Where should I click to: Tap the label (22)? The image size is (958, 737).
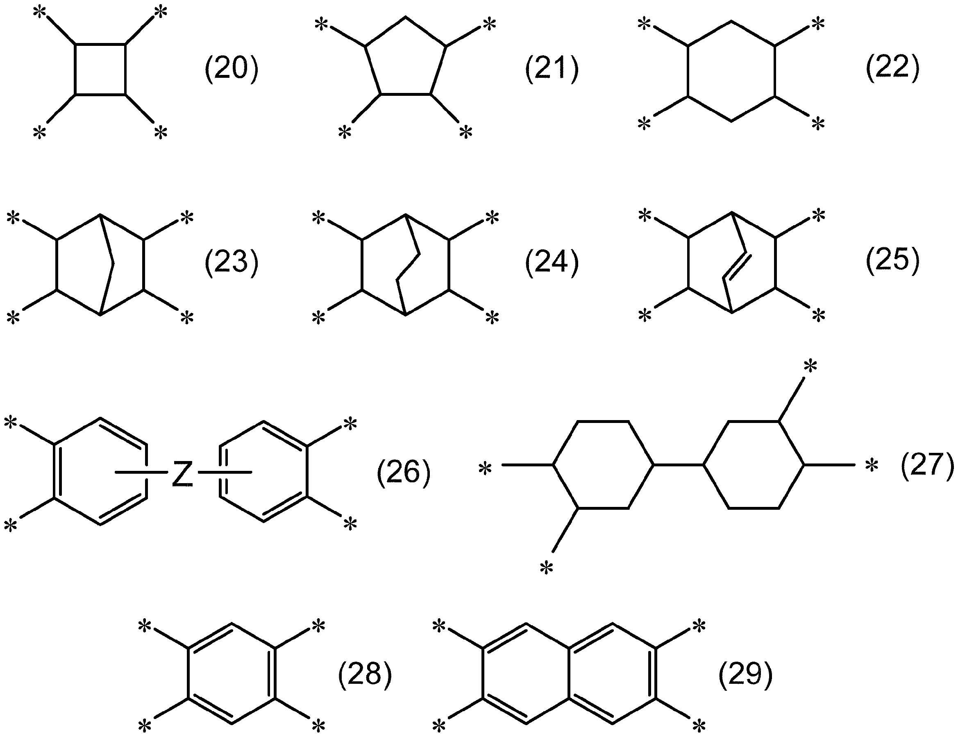point(892,68)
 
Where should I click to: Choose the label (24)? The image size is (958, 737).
point(552,263)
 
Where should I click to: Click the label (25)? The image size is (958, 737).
point(892,261)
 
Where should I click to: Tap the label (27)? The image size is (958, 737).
point(927,466)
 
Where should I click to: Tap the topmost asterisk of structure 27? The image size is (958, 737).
point(810,366)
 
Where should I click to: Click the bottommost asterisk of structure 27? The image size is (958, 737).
point(547,569)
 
